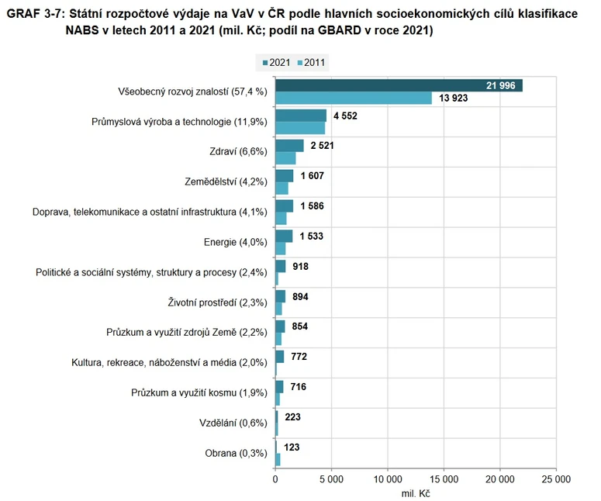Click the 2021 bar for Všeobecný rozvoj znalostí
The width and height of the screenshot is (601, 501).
point(399,85)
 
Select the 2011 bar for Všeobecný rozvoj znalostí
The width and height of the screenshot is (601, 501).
point(354,98)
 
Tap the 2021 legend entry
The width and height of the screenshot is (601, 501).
point(277,63)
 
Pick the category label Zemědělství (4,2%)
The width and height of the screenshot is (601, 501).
point(226,182)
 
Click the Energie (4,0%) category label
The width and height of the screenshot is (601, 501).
point(235,242)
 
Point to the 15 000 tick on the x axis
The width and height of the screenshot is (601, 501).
point(444,479)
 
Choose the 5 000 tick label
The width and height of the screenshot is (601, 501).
point(331,479)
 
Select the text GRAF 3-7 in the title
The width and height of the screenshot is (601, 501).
point(36,13)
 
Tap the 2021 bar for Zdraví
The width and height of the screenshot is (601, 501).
point(289,146)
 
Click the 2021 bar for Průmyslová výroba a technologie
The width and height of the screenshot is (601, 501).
point(301,116)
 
